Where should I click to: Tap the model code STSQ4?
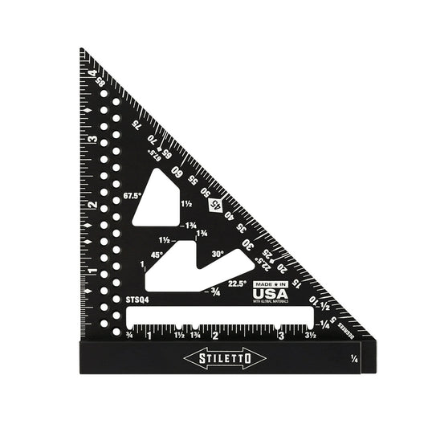point(139,299)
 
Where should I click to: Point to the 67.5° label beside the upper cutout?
point(133,195)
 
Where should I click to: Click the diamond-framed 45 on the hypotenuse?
point(214,206)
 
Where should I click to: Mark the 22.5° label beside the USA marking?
point(238,283)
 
